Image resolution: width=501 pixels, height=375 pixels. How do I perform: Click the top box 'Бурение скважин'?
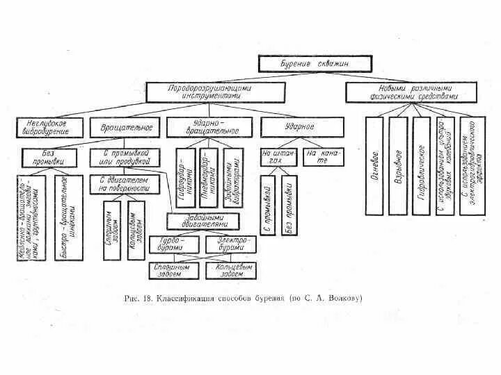pos(312,64)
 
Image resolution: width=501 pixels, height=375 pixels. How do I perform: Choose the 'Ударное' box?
pos(301,127)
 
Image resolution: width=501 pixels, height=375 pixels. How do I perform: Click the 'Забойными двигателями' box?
pos(204,222)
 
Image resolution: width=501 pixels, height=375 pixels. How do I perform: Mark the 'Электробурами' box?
pos(230,244)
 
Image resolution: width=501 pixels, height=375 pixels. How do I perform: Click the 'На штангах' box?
pos(276,157)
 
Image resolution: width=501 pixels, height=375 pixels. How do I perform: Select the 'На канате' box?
pos(323,157)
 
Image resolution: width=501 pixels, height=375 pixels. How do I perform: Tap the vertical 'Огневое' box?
pos(374,165)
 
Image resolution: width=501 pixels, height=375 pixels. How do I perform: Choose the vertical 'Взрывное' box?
pos(398,165)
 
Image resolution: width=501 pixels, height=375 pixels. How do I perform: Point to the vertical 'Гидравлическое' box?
pos(422,165)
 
